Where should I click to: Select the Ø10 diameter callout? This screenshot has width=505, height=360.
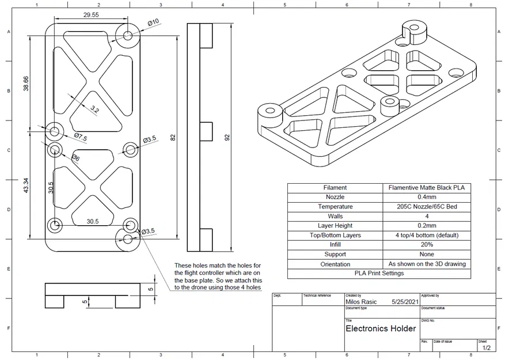click(x=153, y=22)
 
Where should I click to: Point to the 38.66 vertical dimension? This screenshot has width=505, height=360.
click(x=25, y=84)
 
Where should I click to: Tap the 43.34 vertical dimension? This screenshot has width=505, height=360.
click(x=25, y=190)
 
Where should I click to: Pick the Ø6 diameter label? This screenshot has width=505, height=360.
click(x=75, y=158)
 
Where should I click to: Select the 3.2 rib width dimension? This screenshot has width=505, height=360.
click(x=95, y=109)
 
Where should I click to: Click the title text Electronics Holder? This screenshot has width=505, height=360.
click(x=381, y=329)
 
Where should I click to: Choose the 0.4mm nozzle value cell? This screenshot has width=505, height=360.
click(x=427, y=197)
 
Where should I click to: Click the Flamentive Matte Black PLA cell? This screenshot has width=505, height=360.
click(x=427, y=187)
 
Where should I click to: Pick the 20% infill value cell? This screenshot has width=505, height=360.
click(x=427, y=245)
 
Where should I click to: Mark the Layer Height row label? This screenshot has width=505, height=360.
click(x=335, y=226)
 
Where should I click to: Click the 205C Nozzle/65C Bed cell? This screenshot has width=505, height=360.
click(x=427, y=207)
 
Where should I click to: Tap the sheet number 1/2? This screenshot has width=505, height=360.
click(x=486, y=348)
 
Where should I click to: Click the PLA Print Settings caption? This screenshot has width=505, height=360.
click(x=379, y=273)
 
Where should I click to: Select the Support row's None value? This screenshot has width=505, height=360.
click(x=427, y=254)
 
